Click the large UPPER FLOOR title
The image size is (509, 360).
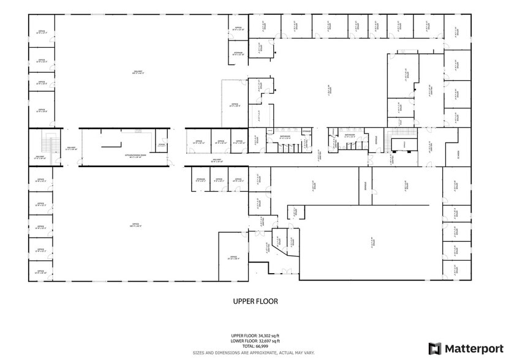point(255,301)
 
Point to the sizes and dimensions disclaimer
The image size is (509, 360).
point(254,352)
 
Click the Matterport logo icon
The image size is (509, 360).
point(435,348)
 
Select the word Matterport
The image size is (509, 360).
point(470,348)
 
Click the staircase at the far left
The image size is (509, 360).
point(45,145)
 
